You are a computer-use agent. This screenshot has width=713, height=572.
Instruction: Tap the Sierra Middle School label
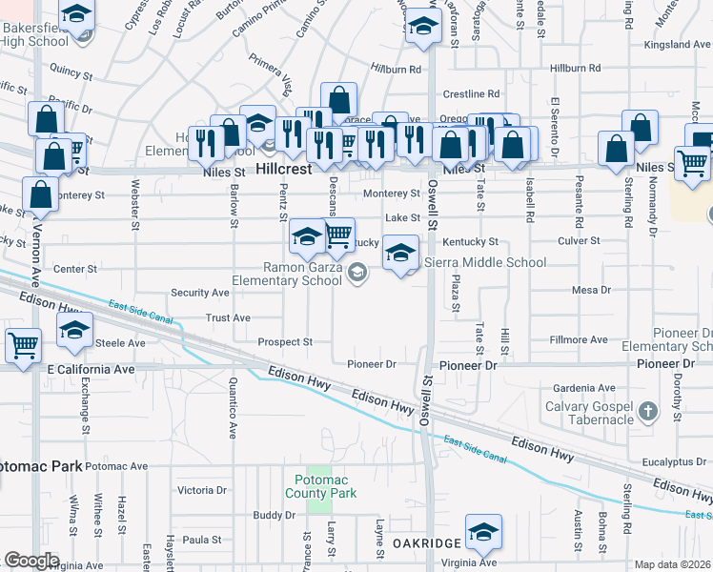485,262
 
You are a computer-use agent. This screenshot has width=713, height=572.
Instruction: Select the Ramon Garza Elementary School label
302,275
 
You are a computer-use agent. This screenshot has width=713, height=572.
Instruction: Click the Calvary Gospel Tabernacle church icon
648,412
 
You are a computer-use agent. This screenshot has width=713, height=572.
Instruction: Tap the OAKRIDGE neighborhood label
427,541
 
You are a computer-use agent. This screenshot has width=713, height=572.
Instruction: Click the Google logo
31,561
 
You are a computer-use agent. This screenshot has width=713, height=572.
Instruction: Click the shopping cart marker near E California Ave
23,345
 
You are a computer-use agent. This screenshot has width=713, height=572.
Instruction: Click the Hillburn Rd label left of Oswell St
396,70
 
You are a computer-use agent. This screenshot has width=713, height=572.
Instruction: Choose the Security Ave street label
200,293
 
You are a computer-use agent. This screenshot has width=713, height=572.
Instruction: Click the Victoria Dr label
202,490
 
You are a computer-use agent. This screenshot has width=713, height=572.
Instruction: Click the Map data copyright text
673,564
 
